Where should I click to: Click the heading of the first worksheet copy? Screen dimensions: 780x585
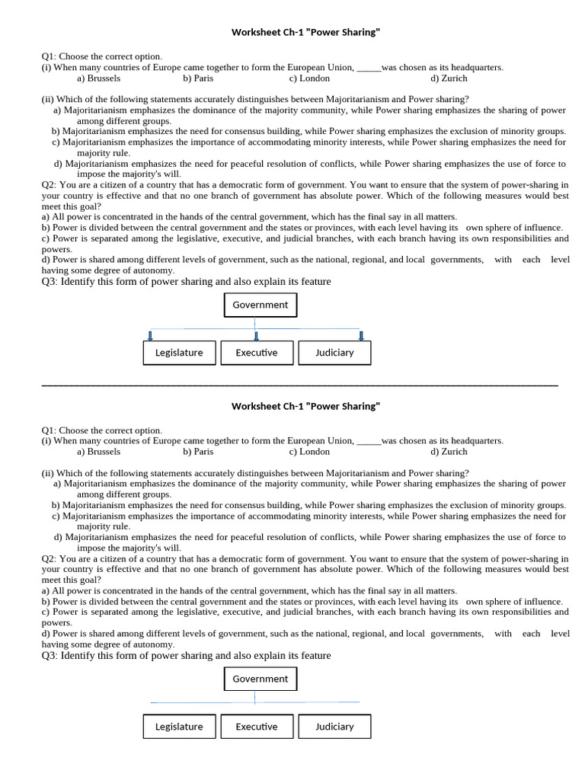tap(305, 33)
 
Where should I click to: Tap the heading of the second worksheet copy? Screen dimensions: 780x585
tap(305, 406)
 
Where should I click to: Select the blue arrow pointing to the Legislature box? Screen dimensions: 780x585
tap(151, 335)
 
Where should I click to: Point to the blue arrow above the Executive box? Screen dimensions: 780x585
tap(256, 335)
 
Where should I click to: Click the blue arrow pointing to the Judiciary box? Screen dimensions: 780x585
tap(361, 335)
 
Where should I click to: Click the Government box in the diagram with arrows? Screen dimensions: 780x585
tap(261, 305)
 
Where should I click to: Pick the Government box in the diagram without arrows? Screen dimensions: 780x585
tap(261, 679)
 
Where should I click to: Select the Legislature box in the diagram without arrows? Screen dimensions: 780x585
tap(179, 727)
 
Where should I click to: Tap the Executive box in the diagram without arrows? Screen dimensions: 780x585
tap(257, 727)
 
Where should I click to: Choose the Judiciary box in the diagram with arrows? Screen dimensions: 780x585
tap(334, 353)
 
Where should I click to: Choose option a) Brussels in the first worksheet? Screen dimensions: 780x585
tap(99, 78)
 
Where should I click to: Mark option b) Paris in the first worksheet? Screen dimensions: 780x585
tap(198, 78)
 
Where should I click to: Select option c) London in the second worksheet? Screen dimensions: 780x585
tap(309, 451)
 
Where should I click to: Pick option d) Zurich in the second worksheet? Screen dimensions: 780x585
tap(449, 451)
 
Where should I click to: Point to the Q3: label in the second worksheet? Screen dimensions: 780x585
tap(50, 655)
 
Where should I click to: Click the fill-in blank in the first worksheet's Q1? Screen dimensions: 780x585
tap(369, 68)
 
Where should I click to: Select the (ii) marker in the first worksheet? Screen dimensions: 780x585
tap(47, 99)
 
